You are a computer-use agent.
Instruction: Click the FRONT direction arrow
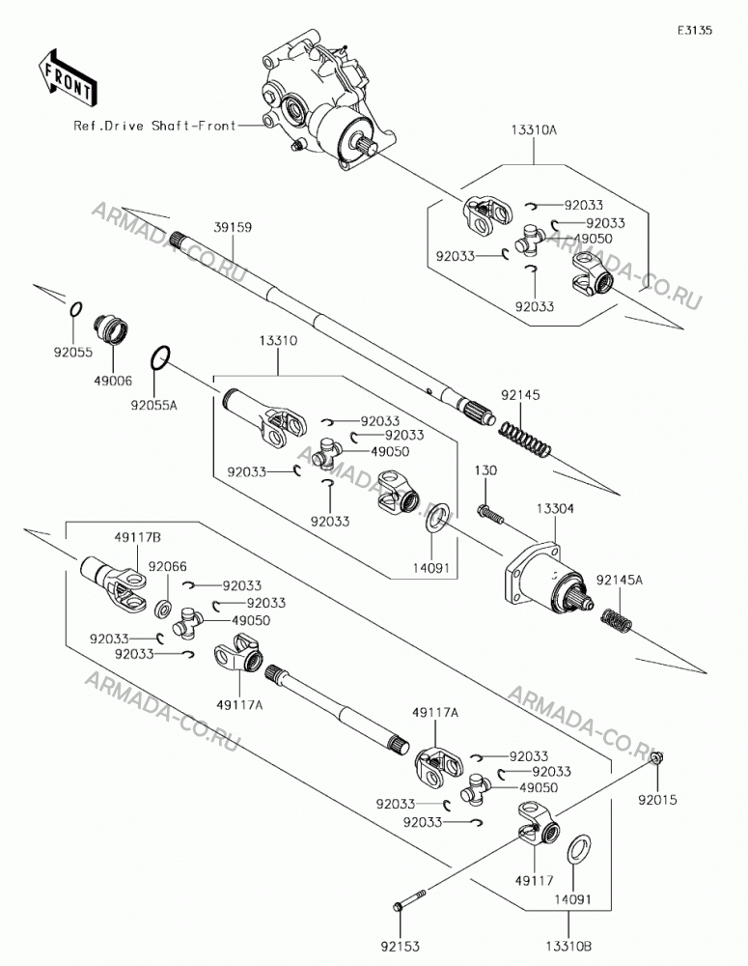click(67, 76)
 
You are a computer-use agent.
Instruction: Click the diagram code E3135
click(695, 30)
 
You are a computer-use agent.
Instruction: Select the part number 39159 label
click(233, 227)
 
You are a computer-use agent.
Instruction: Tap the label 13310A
click(533, 130)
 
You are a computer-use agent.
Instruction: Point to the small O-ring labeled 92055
click(74, 309)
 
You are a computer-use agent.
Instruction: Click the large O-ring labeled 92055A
click(160, 359)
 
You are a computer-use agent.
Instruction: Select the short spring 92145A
click(616, 619)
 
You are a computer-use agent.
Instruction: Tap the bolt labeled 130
click(490, 515)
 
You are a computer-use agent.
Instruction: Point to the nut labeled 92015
click(656, 756)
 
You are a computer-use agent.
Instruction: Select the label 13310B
click(568, 945)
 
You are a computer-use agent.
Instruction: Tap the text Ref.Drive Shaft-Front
click(154, 126)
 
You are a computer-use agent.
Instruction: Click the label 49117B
click(137, 538)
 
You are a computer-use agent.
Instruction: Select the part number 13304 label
click(555, 508)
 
